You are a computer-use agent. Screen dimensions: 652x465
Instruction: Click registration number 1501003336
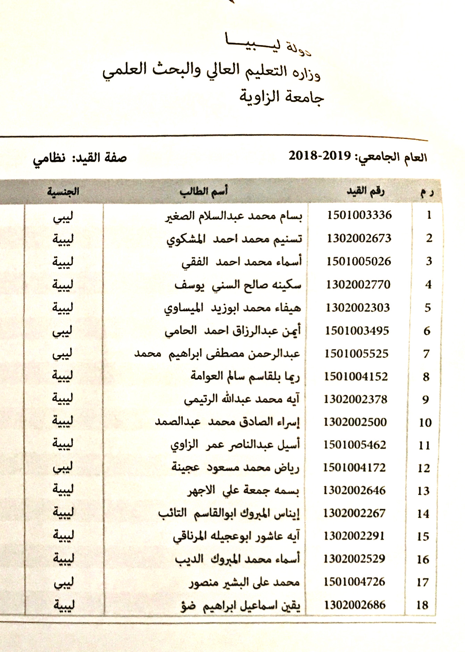pyautogui.click(x=359, y=215)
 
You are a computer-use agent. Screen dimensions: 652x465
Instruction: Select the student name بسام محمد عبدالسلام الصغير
pyautogui.click(x=233, y=216)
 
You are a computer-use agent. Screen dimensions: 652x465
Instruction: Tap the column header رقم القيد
pyautogui.click(x=365, y=191)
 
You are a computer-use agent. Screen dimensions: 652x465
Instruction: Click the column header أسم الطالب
pyautogui.click(x=204, y=192)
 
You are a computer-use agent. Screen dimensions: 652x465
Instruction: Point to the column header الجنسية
pyautogui.click(x=63, y=192)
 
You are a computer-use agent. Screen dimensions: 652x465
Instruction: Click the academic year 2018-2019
pyautogui.click(x=320, y=156)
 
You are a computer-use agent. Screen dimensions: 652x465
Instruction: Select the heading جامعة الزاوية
pyautogui.click(x=281, y=97)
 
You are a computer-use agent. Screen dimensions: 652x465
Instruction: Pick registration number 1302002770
pyautogui.click(x=358, y=285)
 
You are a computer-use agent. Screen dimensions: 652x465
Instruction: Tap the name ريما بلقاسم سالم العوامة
pyautogui.click(x=245, y=377)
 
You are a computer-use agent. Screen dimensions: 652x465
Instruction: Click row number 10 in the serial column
pyautogui.click(x=425, y=422)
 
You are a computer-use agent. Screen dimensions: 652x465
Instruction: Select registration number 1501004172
pyautogui.click(x=354, y=467)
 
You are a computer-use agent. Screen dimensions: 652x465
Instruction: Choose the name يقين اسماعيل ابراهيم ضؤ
pyautogui.click(x=240, y=606)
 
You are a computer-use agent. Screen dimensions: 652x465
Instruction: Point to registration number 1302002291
pyautogui.click(x=354, y=536)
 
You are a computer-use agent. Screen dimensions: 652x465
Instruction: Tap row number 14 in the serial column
pyautogui.click(x=423, y=514)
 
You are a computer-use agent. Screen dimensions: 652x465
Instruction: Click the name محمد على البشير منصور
pyautogui.click(x=244, y=583)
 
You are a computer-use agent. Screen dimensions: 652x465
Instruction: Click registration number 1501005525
pyautogui.click(x=356, y=354)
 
